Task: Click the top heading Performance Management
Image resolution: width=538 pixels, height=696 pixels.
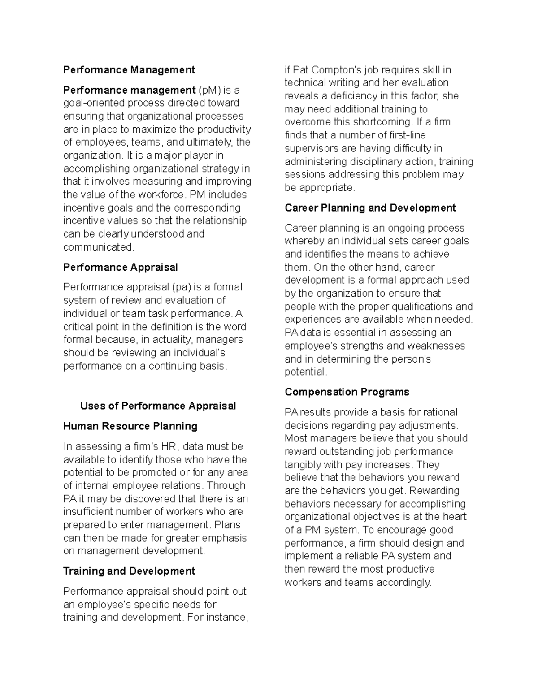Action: coord(129,70)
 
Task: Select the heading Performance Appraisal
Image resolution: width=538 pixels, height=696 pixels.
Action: coord(120,268)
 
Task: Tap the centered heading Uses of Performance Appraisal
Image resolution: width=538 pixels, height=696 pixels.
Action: coord(158,406)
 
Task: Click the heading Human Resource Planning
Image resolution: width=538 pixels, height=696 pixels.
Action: coord(130,426)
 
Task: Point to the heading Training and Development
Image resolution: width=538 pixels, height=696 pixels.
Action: coord(129,571)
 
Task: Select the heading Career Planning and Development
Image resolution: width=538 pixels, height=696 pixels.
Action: coord(370,208)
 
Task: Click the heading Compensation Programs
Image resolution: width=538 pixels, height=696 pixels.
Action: coord(347,392)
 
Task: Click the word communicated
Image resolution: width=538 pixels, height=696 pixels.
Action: coord(99,247)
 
